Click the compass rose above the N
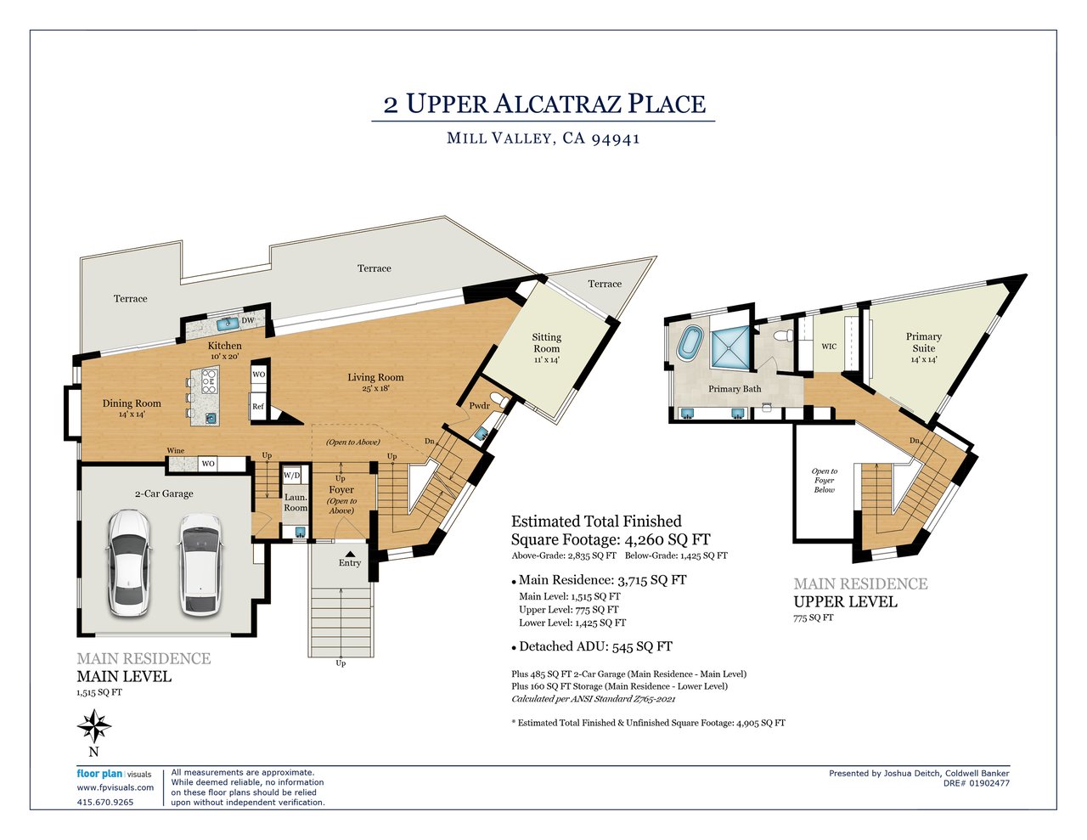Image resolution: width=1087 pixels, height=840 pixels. pos(94,726)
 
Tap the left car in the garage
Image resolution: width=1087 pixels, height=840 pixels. pos(128,561)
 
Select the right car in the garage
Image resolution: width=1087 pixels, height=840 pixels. pos(200,564)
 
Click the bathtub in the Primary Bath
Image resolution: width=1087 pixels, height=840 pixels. pos(690,342)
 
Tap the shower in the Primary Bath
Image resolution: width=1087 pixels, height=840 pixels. pos(730,347)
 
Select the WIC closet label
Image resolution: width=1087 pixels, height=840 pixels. pos(829,347)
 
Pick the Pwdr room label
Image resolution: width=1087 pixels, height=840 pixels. pos(479,406)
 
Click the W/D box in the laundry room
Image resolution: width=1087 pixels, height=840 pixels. pos(291,475)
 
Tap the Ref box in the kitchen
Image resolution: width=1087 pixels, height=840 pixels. pos(257,406)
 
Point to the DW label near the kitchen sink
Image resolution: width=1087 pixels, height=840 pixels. pos(248,320)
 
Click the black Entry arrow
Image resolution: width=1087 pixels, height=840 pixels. pos(350,554)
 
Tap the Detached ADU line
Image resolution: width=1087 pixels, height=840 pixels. pos(592,646)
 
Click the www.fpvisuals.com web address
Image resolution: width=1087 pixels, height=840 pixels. pos(115,787)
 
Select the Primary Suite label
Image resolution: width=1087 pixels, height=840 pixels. pos(923,342)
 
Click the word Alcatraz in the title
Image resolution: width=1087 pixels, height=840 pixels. pos(558,104)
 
